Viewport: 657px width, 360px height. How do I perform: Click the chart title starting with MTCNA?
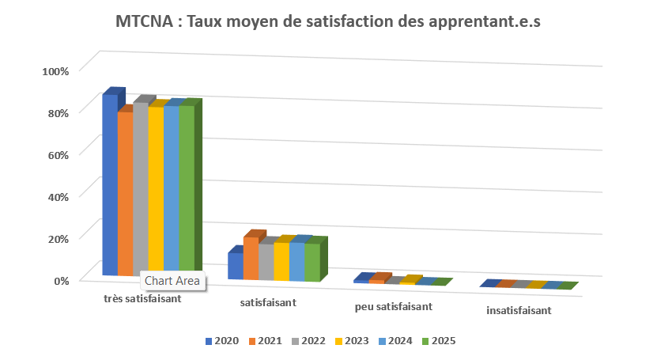point(328,21)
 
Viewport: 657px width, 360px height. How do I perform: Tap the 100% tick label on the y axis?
point(55,70)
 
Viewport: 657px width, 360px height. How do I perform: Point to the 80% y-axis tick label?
point(58,112)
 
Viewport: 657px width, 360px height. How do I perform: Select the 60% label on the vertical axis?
point(58,154)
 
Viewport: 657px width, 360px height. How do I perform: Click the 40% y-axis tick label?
point(58,196)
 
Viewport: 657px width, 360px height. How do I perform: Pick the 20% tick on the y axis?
point(58,237)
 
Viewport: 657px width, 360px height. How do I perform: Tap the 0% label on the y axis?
point(61,279)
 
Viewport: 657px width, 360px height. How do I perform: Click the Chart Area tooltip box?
point(172,281)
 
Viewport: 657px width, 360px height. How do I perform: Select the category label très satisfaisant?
point(142,299)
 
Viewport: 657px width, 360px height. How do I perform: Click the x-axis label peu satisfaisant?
point(393,306)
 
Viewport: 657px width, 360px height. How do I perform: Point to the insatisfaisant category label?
point(519,310)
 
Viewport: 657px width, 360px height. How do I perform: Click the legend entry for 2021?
point(265,341)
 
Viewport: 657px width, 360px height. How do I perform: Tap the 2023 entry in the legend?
point(352,341)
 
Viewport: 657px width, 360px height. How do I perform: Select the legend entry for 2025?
point(438,341)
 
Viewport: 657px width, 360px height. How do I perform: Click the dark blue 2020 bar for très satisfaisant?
point(109,186)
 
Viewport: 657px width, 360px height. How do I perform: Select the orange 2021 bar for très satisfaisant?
point(125,194)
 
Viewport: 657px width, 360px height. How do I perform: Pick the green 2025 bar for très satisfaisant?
point(186,190)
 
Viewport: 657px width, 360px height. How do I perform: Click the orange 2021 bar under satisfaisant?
point(250,259)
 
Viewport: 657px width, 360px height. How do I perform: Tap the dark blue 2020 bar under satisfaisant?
point(235,266)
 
